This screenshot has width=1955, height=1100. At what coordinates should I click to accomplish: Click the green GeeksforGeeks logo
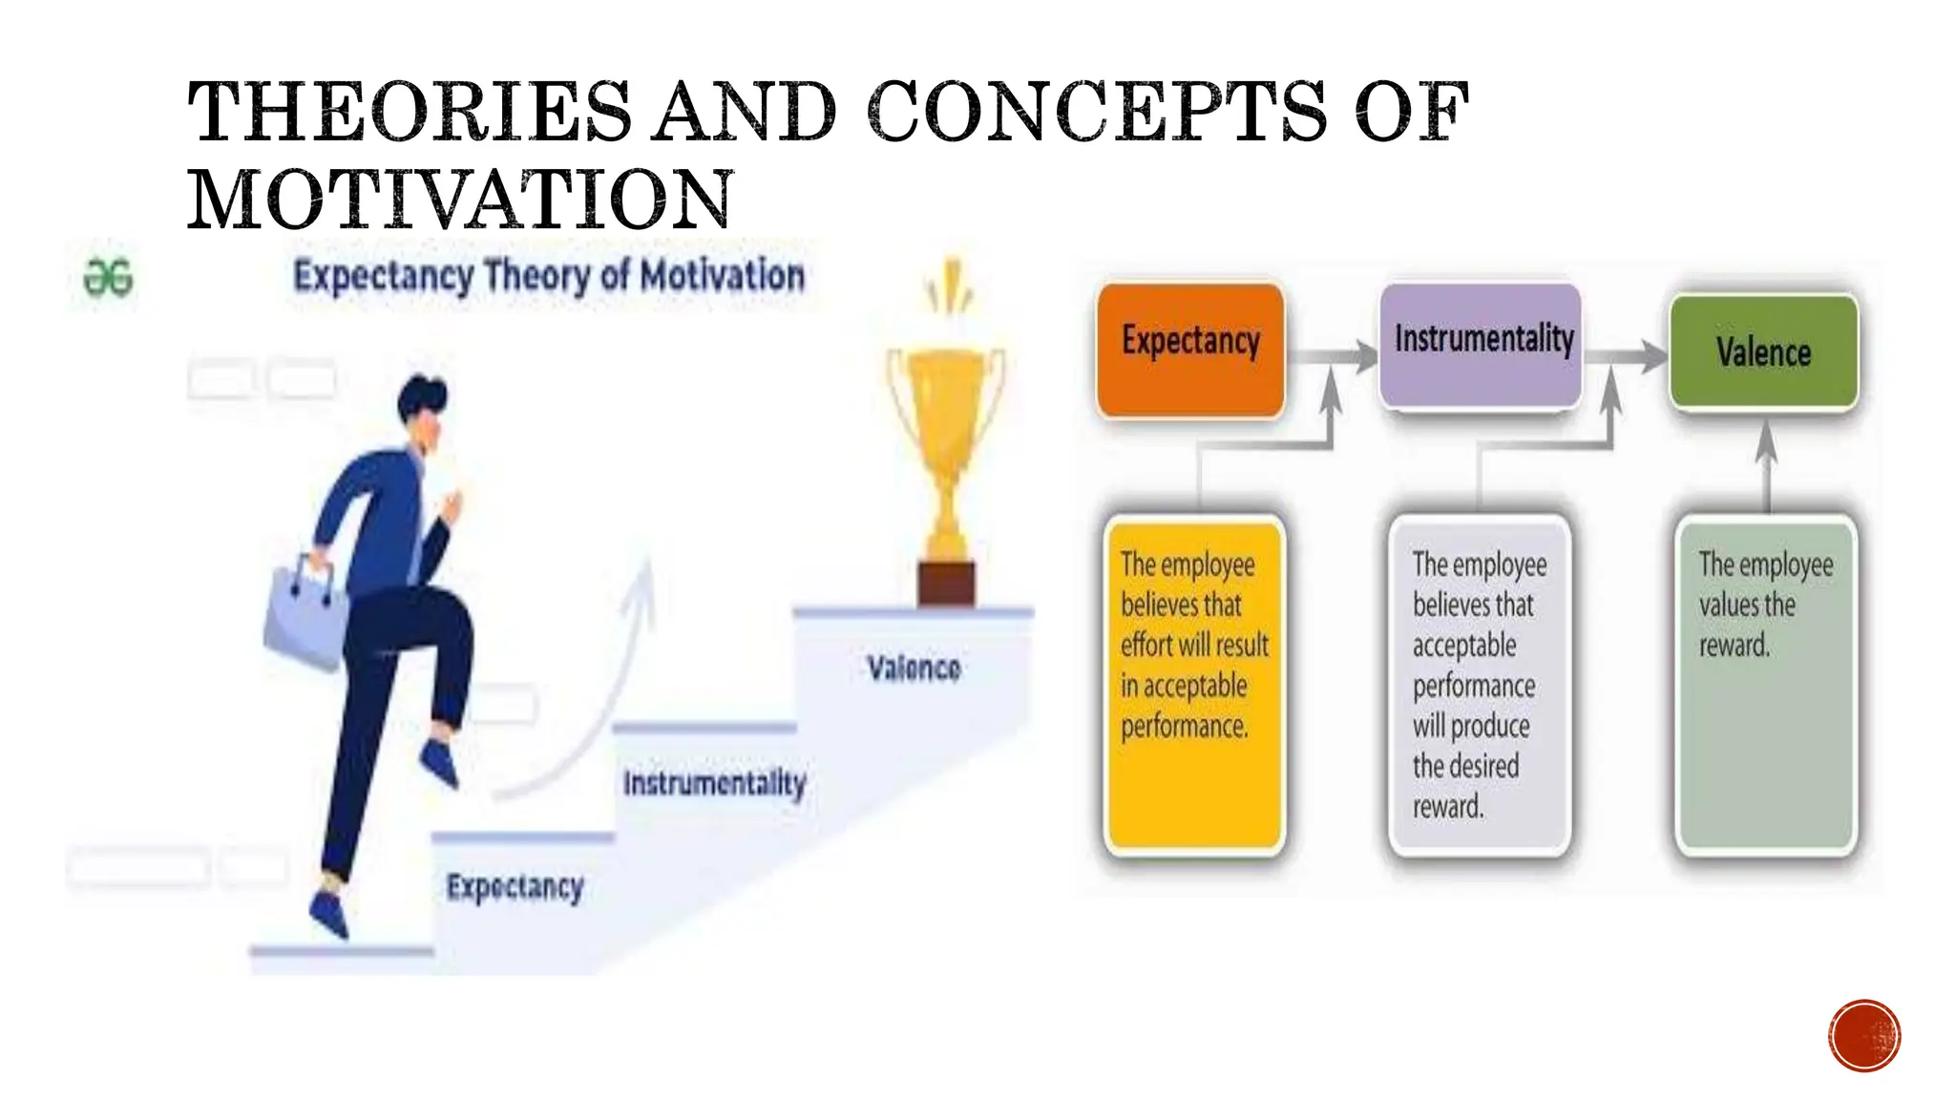108,278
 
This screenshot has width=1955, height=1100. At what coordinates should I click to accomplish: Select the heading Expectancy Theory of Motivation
549,276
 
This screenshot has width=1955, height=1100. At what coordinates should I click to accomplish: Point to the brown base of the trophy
946,583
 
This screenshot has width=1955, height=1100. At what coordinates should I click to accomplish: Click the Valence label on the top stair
914,668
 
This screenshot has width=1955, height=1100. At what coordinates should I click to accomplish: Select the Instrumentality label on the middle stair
714,784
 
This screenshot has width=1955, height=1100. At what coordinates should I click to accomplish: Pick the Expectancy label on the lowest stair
515,887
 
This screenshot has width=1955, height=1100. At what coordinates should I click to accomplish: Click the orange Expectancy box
1190,349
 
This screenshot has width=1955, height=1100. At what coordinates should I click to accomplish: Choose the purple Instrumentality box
1482,344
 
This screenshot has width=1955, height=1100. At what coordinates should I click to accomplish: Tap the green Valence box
1763,352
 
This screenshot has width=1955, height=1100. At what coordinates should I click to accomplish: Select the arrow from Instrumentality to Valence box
1627,356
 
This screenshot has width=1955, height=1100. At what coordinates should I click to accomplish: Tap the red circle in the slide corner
1864,1036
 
